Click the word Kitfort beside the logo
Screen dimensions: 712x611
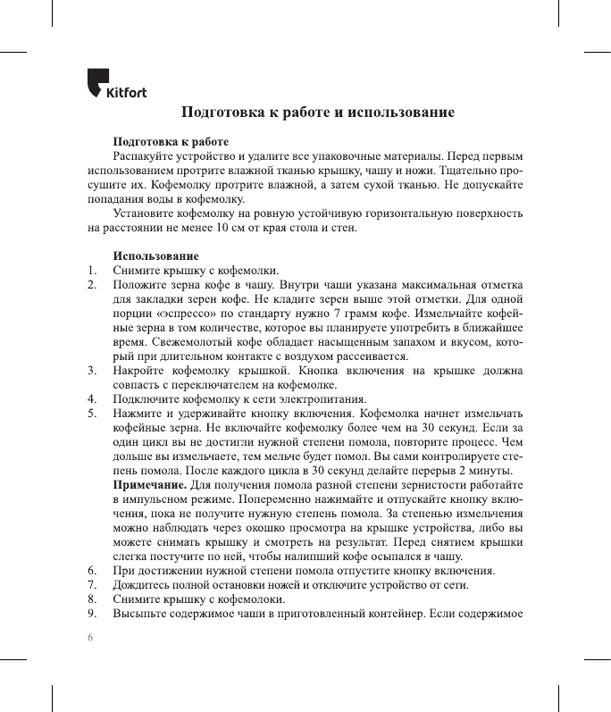[x=127, y=91]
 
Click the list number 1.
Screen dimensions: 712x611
[x=91, y=271]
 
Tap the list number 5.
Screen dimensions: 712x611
[x=91, y=414]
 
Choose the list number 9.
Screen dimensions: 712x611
[x=91, y=614]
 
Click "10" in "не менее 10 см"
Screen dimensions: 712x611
[x=220, y=228]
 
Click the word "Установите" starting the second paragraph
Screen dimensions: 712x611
[x=144, y=214]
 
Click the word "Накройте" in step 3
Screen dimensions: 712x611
[x=139, y=371]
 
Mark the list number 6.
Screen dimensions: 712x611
[x=91, y=571]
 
